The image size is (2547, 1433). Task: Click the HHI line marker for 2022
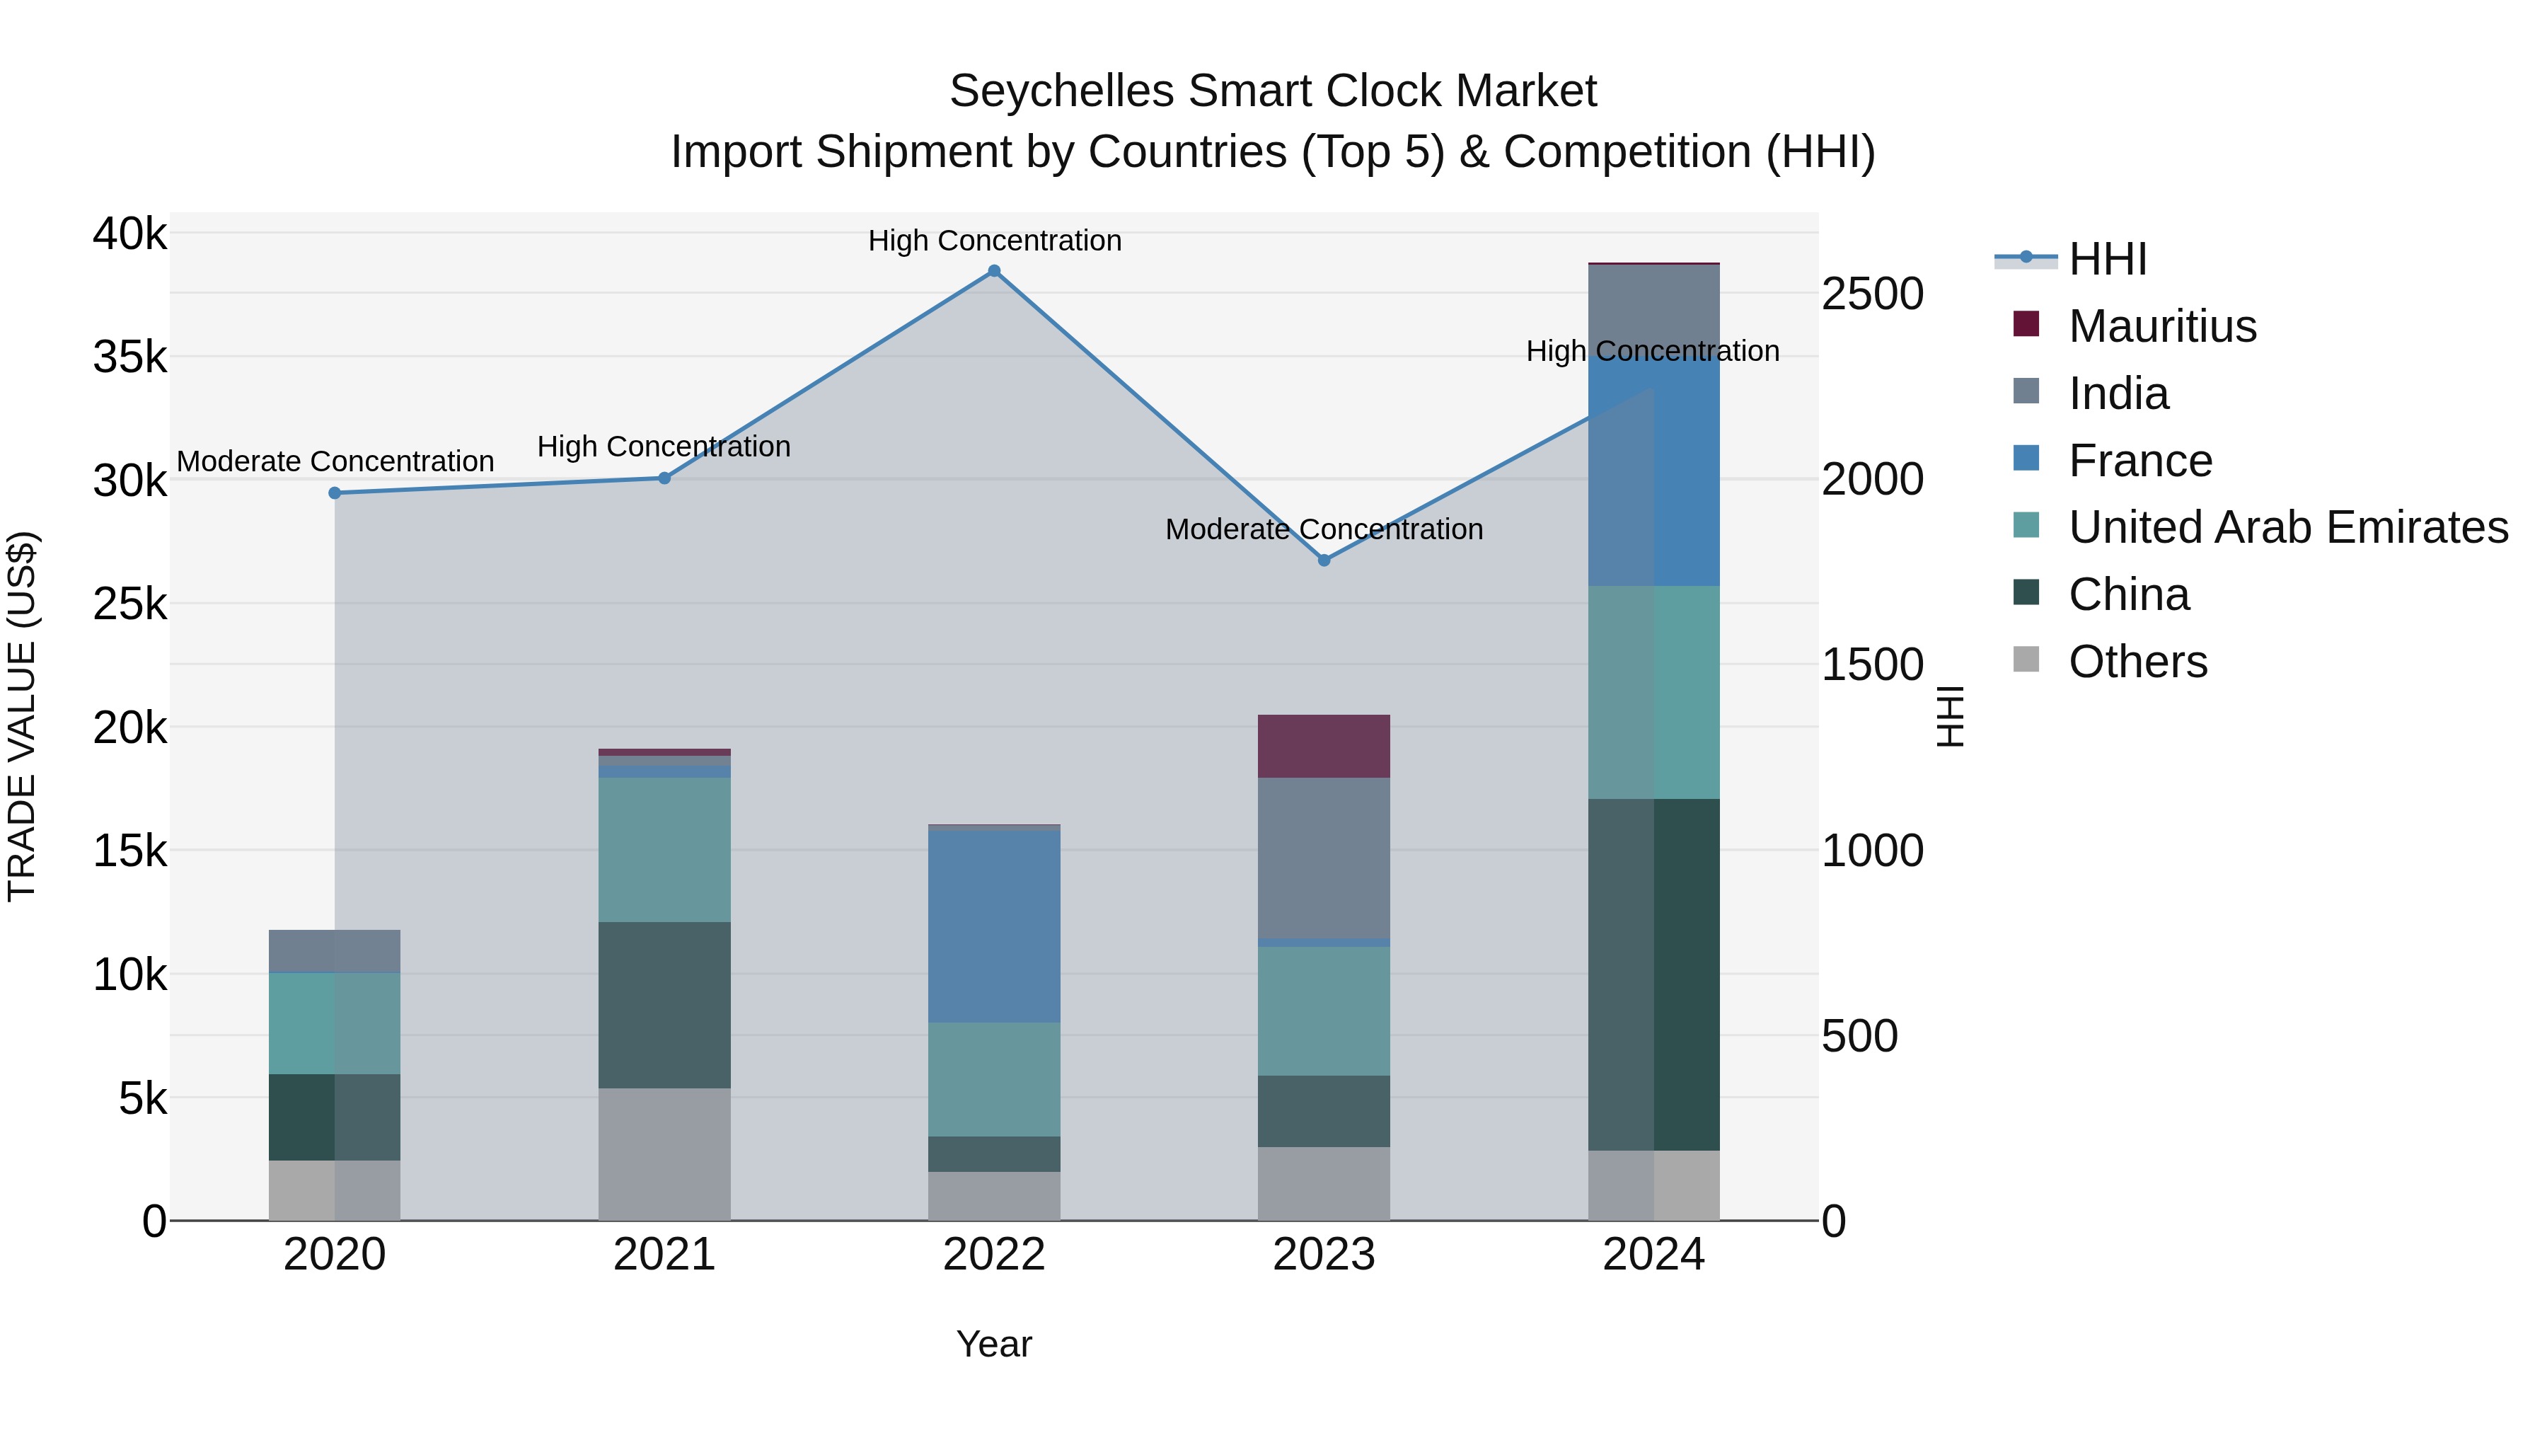(994, 271)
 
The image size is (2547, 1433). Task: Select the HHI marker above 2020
(334, 493)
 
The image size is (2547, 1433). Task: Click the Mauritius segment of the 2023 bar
(1323, 746)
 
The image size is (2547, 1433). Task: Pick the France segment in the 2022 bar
(994, 926)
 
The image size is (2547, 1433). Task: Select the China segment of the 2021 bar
(664, 1005)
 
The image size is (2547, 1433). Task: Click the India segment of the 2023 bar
(1323, 858)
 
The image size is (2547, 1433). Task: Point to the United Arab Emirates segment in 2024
(1653, 691)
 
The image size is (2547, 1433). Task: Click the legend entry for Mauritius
(2161, 326)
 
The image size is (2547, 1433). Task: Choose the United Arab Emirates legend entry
(2287, 527)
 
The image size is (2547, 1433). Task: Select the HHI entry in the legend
(2107, 259)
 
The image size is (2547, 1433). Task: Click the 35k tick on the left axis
(129, 357)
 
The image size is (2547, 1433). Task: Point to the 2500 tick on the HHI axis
(1871, 294)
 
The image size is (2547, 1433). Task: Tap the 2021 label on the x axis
(664, 1255)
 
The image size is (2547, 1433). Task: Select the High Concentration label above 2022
(994, 241)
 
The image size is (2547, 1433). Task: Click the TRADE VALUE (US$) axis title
(22, 716)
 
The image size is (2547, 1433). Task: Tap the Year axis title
(994, 1344)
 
